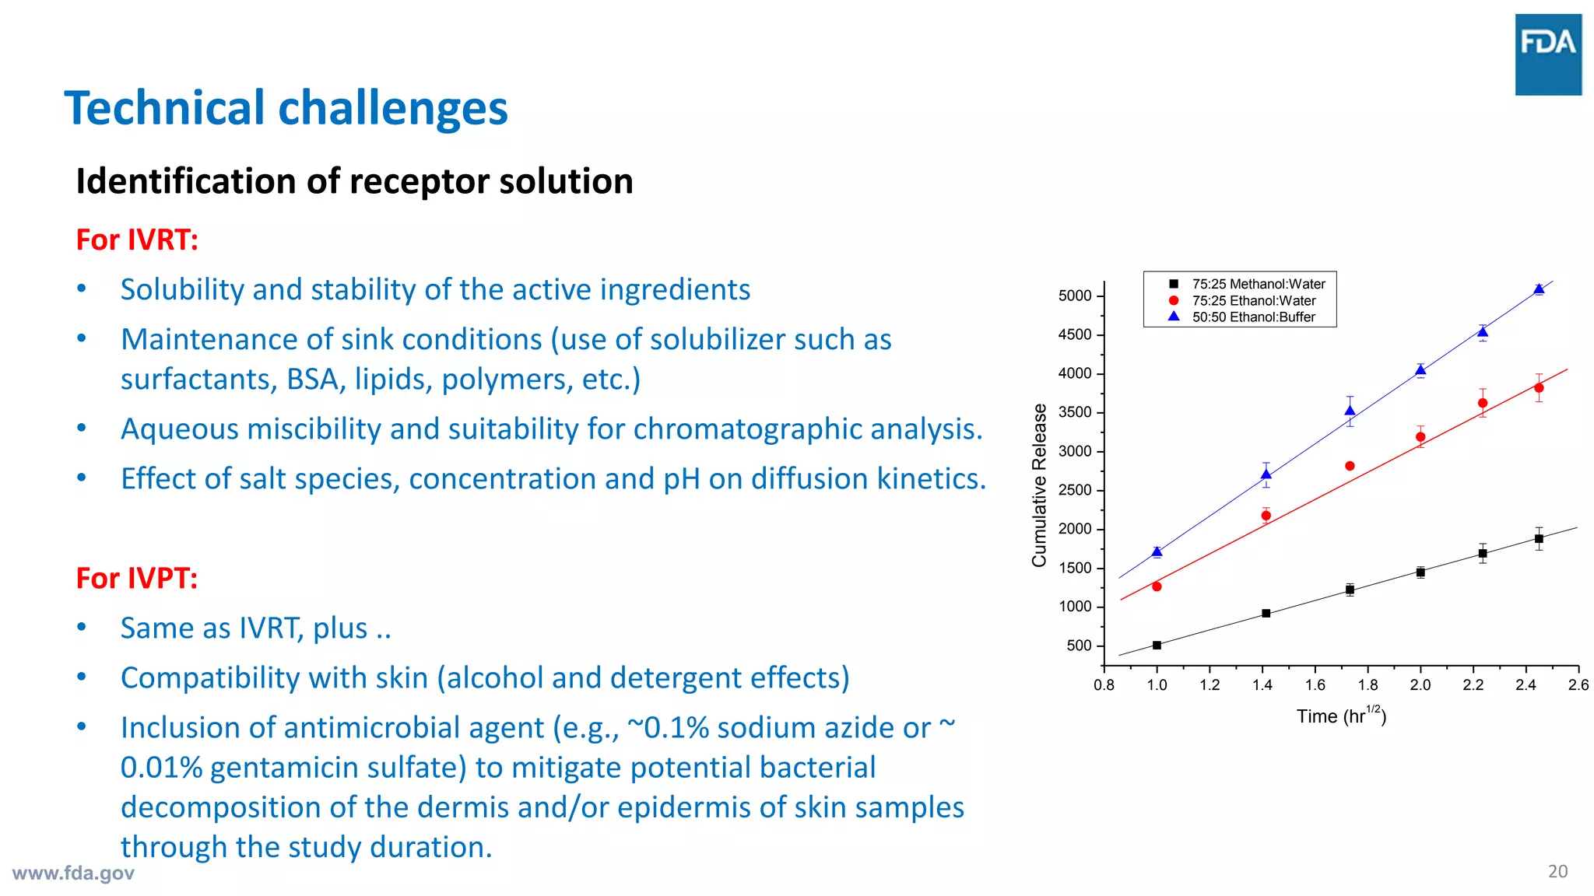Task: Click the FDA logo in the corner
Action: [1548, 54]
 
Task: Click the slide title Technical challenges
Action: [286, 108]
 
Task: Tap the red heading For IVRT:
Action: [137, 240]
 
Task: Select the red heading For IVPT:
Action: [137, 578]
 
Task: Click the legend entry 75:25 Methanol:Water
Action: [1258, 284]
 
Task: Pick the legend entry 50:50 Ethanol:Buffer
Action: [1253, 317]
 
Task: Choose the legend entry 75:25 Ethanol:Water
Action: [1253, 300]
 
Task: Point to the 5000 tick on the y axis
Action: [1075, 296]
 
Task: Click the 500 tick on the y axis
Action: [1079, 646]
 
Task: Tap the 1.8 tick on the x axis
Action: [1368, 685]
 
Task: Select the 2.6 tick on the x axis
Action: [1578, 685]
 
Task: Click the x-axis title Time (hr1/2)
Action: [1341, 716]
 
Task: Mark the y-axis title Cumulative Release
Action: [1039, 485]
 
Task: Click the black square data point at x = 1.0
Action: [1157, 645]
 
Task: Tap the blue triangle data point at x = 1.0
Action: [1157, 551]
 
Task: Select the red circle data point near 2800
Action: [1350, 466]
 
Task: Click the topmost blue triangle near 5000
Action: [1539, 289]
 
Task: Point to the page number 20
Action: [1557, 871]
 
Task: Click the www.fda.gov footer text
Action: [73, 873]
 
